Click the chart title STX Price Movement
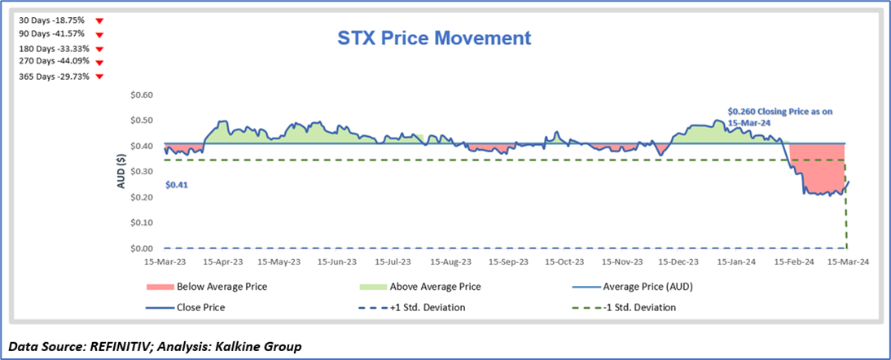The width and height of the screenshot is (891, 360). (434, 37)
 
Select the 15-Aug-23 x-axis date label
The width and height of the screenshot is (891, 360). (450, 263)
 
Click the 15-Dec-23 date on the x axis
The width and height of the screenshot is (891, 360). (679, 263)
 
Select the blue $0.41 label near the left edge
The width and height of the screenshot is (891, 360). (176, 186)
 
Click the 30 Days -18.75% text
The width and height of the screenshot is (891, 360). (51, 20)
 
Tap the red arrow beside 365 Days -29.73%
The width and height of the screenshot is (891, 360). (99, 77)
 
